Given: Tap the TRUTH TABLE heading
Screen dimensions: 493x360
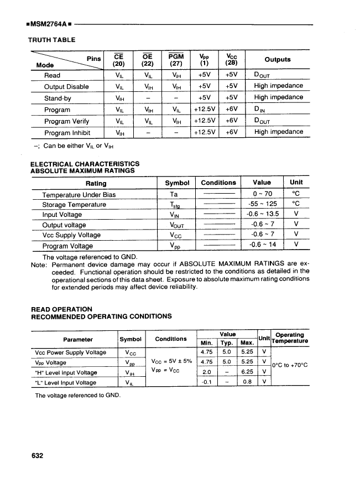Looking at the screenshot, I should [51, 40].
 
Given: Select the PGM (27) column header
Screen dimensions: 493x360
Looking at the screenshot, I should [175, 59].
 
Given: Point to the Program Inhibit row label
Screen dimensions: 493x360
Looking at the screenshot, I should [67, 132].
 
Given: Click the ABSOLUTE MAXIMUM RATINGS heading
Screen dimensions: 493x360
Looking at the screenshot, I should [82, 170].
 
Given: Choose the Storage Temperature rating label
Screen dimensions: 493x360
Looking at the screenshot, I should [74, 205].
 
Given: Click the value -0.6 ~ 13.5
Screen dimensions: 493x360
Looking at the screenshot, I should [262, 215].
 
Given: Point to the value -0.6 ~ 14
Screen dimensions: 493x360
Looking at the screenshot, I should [262, 246].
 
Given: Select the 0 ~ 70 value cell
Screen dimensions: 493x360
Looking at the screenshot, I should [262, 194].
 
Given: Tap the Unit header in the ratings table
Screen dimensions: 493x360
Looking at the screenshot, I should [296, 183].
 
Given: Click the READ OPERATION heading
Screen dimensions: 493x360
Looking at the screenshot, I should [61, 309].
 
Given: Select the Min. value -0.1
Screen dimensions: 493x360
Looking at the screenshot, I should [206, 382].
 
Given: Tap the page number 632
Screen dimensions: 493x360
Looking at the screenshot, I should [38, 456].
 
